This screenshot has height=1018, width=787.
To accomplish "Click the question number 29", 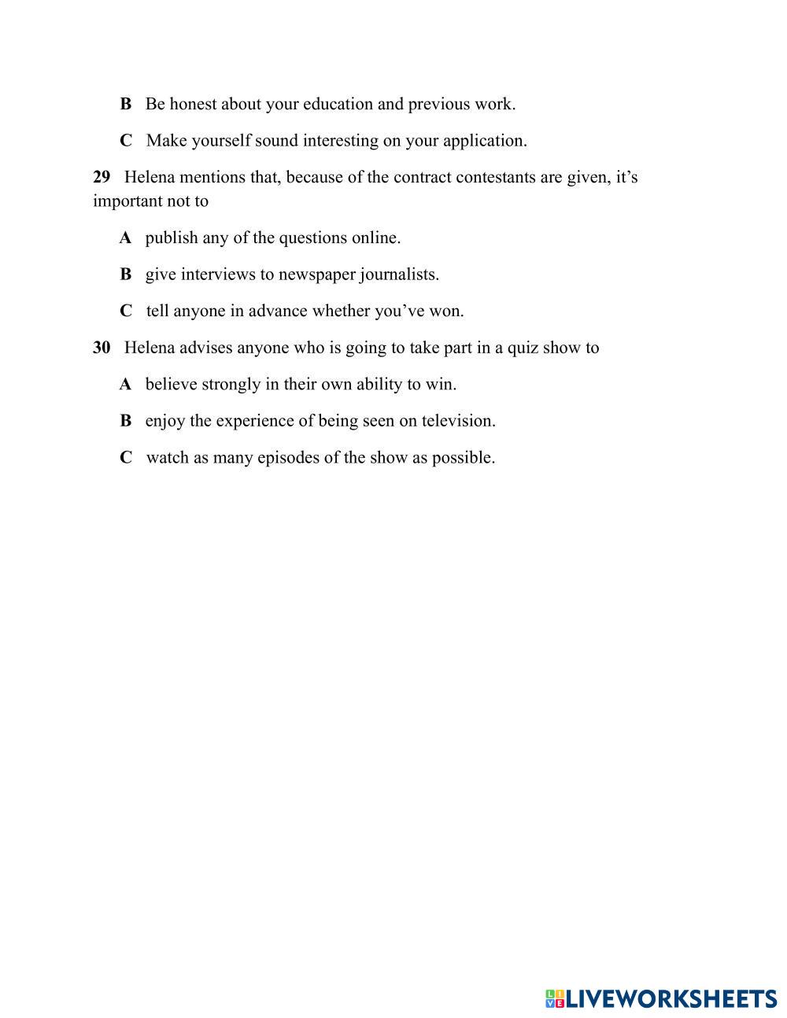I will pos(102,177).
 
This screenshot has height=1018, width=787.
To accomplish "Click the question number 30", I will pos(102,348).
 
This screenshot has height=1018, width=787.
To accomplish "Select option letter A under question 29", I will pos(125,238).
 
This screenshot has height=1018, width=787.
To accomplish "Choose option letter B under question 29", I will pos(125,275).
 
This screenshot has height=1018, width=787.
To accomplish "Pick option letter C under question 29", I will pos(125,311).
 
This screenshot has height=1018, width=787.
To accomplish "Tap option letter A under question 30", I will pos(125,384).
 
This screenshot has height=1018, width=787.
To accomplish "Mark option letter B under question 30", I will pos(125,421).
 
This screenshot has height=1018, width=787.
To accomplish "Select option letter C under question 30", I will pos(125,457).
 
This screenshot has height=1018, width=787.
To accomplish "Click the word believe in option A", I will pos(171,384).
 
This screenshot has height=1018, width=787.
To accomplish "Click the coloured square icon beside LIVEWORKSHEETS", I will pos(555,999).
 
